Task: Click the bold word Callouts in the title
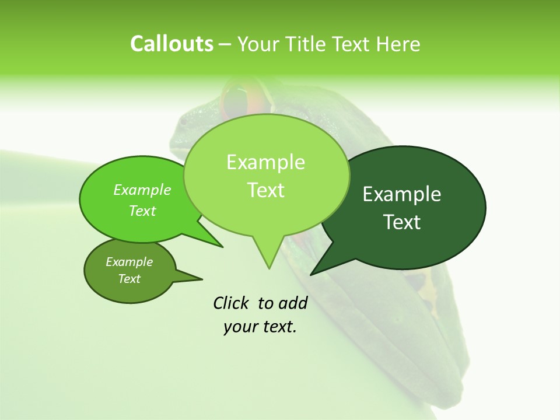171,44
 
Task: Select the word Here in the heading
399,44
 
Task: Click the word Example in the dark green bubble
402,194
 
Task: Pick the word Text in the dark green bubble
402,222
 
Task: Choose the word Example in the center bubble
265,162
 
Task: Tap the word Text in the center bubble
265,190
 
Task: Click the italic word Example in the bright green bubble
142,190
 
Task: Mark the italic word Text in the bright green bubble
142,211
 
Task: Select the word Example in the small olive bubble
129,262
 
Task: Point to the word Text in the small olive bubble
129,279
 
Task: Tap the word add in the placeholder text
293,303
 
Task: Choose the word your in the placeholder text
240,327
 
